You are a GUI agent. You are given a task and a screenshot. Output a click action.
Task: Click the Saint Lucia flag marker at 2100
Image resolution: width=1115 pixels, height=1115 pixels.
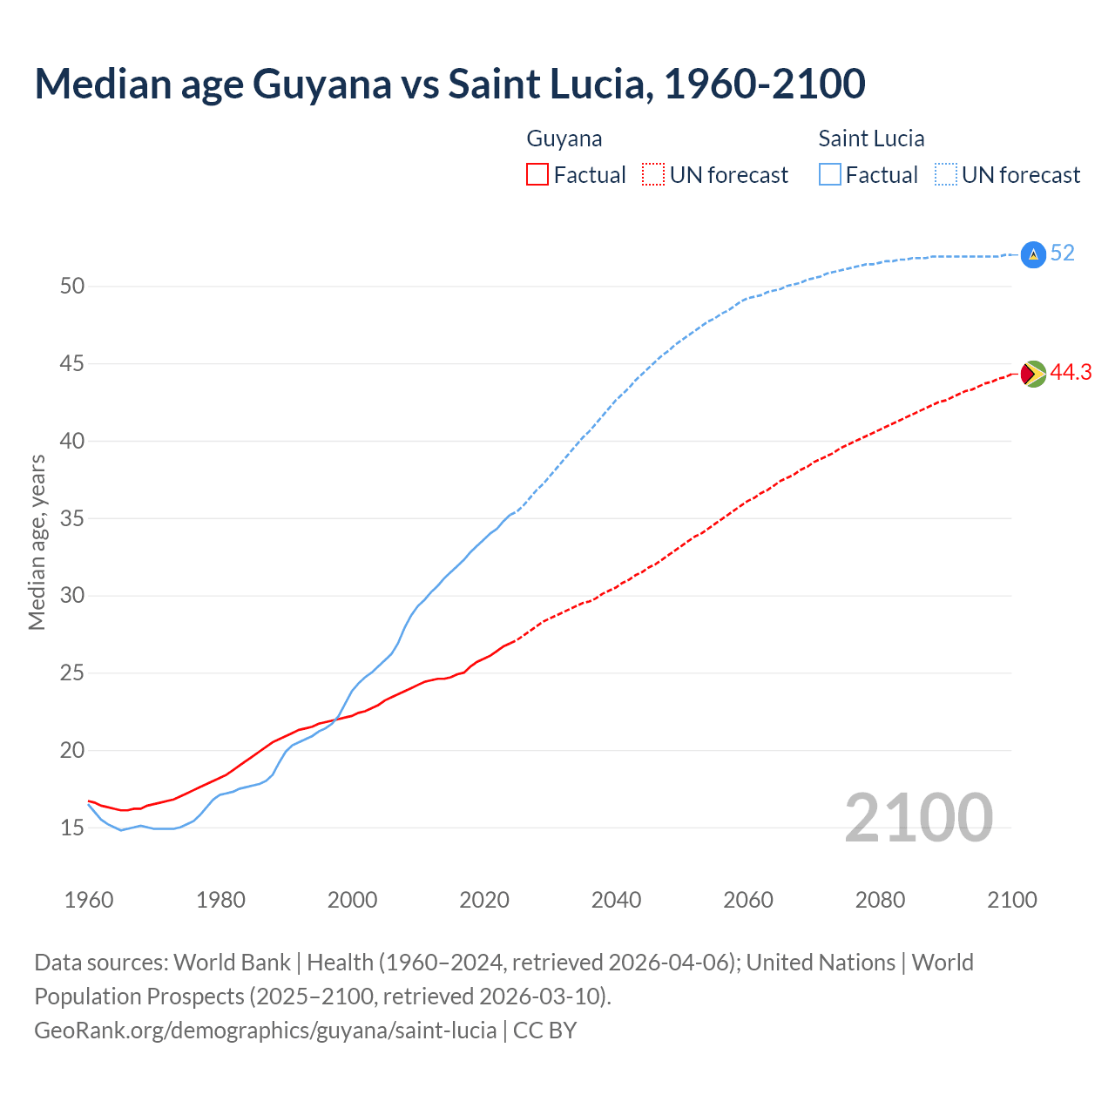pos(1032,253)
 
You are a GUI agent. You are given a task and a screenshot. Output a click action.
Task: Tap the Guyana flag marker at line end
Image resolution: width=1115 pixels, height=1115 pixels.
pos(1032,374)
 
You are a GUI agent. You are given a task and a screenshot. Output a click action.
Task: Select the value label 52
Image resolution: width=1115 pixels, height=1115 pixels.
pos(1062,253)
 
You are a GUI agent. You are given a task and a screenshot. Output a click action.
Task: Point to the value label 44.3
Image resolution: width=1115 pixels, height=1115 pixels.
pos(1071,373)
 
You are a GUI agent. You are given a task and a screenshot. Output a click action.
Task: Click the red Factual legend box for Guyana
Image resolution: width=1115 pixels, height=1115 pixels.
pos(537,175)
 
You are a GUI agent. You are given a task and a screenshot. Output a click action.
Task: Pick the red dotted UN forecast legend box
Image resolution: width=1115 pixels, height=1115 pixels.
pos(653,175)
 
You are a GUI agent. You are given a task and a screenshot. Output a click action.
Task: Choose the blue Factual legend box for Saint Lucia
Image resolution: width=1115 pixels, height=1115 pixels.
pos(830,175)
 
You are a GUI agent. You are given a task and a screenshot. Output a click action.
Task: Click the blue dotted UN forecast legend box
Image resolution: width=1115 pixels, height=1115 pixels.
pos(946,175)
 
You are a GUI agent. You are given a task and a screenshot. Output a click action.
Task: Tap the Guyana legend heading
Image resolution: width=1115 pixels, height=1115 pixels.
pos(564,139)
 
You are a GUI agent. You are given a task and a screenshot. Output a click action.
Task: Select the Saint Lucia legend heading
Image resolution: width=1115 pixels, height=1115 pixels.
pos(871,139)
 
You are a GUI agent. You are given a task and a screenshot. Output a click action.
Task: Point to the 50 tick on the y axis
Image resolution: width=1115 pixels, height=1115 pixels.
pos(71,286)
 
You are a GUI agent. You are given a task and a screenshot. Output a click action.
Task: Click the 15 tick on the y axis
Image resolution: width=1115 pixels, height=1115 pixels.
pos(71,828)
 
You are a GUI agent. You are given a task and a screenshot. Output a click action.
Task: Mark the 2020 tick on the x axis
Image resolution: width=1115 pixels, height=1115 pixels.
pos(484,900)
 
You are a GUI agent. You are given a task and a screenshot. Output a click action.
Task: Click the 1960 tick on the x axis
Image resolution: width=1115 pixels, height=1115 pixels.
pos(89,900)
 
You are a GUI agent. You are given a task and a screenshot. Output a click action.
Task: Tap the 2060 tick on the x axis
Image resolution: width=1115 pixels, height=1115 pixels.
pos(748,900)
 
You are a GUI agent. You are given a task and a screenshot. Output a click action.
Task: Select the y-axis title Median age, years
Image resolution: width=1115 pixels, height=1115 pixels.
pos(37,542)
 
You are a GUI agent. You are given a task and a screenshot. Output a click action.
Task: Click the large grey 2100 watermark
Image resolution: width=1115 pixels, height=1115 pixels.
pos(918,818)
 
